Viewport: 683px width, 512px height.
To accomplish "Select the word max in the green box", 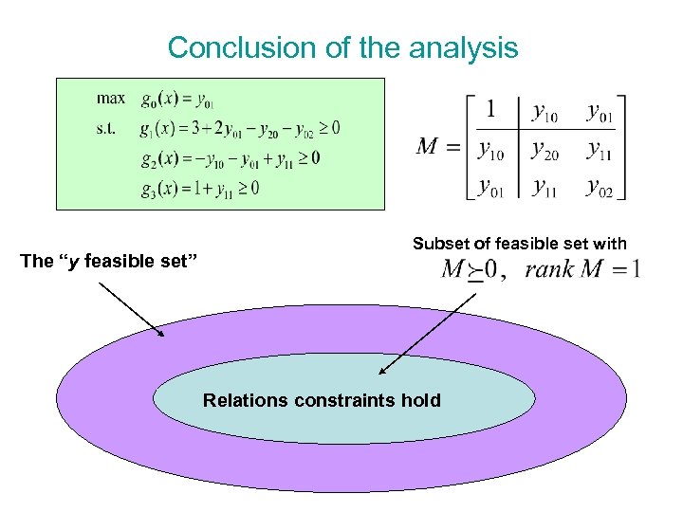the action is click(x=111, y=98).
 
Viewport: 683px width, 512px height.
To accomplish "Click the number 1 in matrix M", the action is click(x=489, y=110).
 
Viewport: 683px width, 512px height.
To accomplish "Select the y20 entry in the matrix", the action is click(x=545, y=148).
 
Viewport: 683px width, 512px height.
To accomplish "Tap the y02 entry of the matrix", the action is click(x=600, y=187).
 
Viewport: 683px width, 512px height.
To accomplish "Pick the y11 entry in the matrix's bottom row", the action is click(x=545, y=187).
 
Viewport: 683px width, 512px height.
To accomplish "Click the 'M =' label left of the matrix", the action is click(x=437, y=148).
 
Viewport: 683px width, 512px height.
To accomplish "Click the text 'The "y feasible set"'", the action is click(x=108, y=261).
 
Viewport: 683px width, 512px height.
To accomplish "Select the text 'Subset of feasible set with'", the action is click(x=519, y=244).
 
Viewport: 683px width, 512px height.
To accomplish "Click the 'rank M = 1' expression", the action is click(x=581, y=269).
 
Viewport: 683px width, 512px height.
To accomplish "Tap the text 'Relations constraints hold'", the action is click(x=322, y=400).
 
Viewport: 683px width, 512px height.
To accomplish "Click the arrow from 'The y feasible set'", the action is click(x=132, y=309).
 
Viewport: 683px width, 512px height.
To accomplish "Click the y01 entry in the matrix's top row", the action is click(x=600, y=112).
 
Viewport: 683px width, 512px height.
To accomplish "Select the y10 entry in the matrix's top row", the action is click(x=545, y=114).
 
